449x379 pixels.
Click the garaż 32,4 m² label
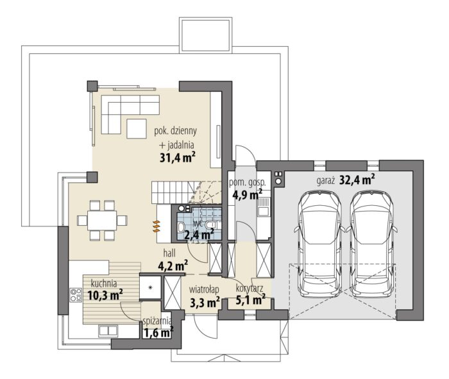point(346,180)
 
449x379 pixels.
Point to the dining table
point(102,220)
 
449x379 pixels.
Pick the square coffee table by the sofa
point(137,128)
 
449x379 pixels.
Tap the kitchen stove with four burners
point(76,295)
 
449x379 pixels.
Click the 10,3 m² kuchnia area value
point(105,295)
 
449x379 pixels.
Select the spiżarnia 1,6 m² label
point(158,328)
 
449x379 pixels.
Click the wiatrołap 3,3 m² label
point(205,297)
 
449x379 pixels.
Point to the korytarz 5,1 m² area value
point(250,300)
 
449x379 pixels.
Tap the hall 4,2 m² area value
point(173,266)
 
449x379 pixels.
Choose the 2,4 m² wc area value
point(199,235)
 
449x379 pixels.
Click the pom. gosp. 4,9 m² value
point(247,195)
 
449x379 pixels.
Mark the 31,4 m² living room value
point(178,157)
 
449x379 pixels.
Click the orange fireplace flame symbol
point(157,226)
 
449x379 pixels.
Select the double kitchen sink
point(108,330)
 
